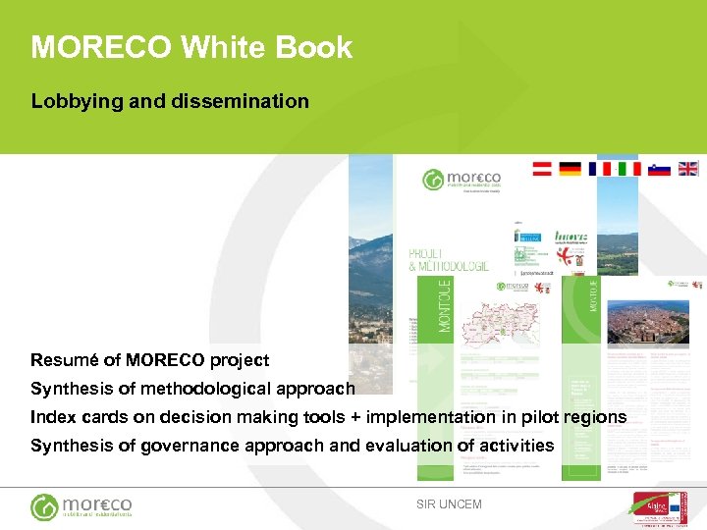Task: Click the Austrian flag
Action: pos(542,169)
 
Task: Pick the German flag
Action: pos(571,169)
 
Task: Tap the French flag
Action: pos(600,169)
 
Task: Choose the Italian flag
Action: pos(629,169)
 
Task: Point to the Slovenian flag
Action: pos(659,169)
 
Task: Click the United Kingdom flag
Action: pos(688,169)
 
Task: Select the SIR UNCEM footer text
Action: pos(450,504)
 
